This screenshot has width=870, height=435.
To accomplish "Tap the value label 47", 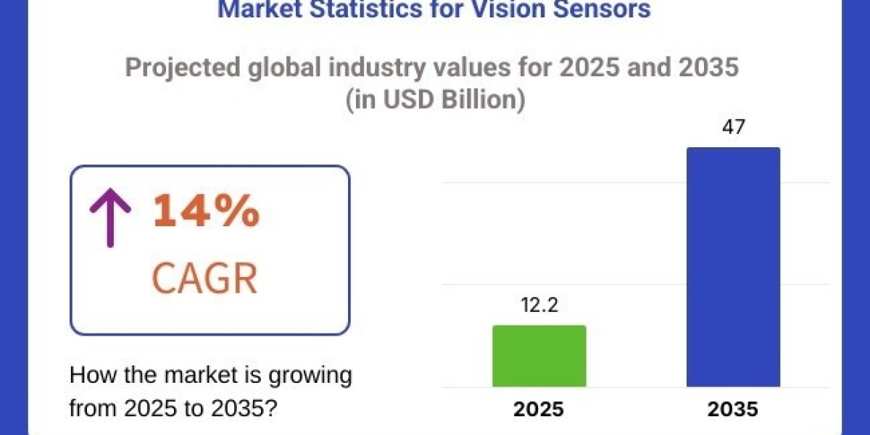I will click(x=733, y=128).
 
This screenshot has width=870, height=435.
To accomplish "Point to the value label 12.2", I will click(x=539, y=306).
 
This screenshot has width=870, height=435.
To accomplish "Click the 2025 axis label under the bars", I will click(x=539, y=409).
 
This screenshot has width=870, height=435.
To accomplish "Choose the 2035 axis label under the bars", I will click(x=733, y=409).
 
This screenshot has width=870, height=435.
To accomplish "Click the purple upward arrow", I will click(x=109, y=214).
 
